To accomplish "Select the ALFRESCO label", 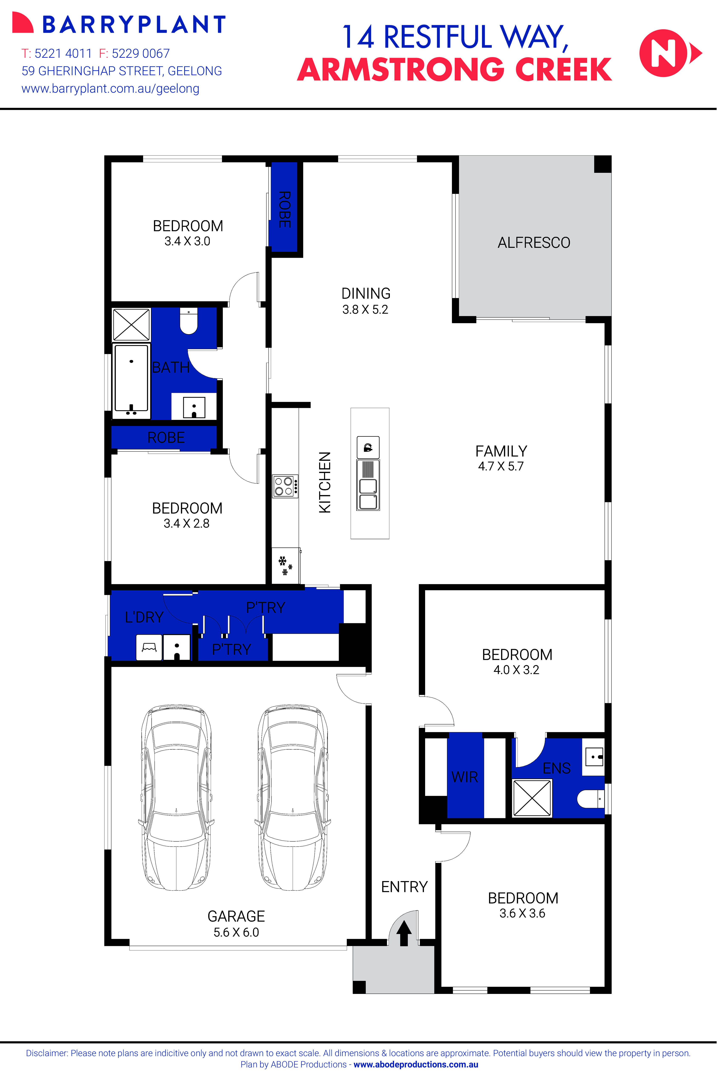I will tap(534, 242).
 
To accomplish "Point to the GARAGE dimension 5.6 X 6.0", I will tap(236, 932).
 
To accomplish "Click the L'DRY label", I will tap(144, 617).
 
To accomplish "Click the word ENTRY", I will tap(404, 887).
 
